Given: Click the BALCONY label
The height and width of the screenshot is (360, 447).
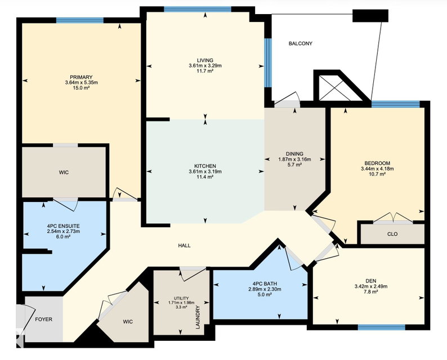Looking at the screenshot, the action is pos(301,43).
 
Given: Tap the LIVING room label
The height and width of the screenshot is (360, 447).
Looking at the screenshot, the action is pos(205,60).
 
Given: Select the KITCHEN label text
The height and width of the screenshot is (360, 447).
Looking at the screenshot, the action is pos(205,166).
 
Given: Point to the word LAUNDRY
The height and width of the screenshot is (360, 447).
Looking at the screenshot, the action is pos(198,317).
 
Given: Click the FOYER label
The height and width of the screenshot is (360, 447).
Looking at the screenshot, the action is pos(43,319).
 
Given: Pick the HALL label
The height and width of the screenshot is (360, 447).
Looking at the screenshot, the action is pos(185,245).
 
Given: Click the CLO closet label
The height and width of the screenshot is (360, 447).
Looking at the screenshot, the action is pos(392,234).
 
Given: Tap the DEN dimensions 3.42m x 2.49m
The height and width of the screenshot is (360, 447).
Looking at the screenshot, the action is pos(371,286).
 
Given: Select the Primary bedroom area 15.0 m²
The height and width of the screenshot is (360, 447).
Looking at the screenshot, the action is pos(81,88).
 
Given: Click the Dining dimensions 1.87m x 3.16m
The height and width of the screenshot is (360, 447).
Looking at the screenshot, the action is pos(294,160).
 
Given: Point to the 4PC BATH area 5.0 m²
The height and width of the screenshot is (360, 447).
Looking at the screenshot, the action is pos(265,295).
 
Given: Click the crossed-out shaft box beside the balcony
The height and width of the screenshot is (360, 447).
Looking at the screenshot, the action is pos(334,88).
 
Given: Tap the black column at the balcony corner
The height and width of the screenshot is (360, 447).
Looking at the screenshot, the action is pos(370,16).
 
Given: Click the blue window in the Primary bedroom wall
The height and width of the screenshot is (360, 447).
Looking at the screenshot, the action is pos(80,20).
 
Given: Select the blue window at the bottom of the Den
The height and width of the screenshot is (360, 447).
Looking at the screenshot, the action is pos(382,327).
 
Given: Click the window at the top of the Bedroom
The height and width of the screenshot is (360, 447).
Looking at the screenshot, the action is pos(395,104).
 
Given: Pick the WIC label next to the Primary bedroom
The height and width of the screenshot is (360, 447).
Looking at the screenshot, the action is pos(64,173).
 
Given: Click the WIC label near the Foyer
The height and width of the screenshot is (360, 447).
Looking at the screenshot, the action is pos(128,322).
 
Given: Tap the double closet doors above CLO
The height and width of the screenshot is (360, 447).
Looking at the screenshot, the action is pos(393,218).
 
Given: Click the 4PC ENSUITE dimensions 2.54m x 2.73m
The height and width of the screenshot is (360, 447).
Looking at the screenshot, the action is pos(64,231).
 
